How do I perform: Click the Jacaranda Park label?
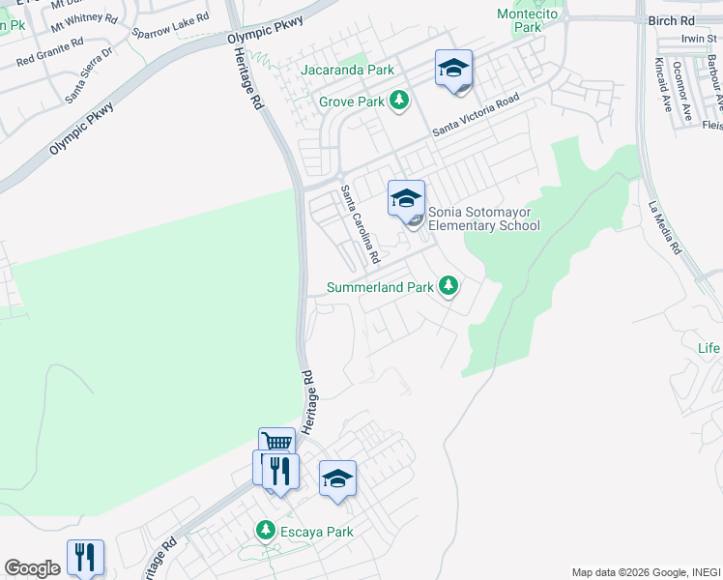tap(347, 71)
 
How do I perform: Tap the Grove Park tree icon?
tap(399, 101)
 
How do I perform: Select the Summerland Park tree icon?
tap(448, 286)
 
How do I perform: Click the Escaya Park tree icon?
tap(266, 531)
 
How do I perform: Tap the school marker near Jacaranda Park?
tap(453, 69)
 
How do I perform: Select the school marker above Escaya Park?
tap(337, 478)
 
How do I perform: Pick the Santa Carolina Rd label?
tap(360, 225)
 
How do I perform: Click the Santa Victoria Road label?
tap(476, 116)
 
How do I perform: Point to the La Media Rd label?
tap(666, 227)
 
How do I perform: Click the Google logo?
tap(32, 568)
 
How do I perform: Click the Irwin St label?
tap(699, 39)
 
